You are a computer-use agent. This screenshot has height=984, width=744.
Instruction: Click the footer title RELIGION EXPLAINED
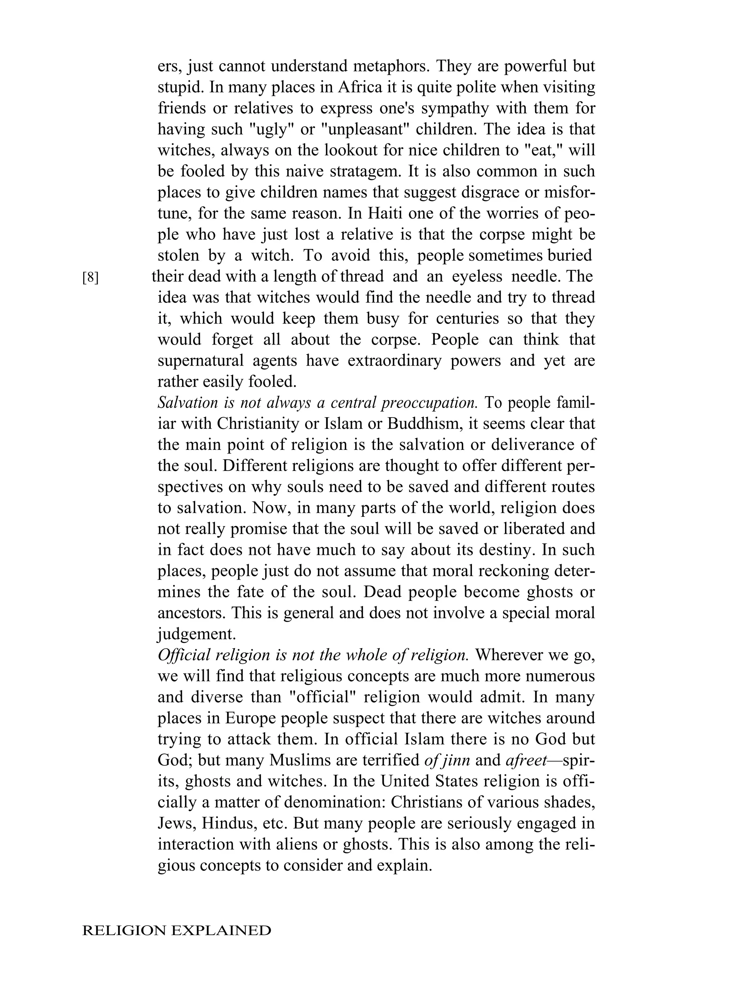pyautogui.click(x=177, y=931)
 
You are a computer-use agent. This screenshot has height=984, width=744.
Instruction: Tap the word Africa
pyautogui.click(x=360, y=87)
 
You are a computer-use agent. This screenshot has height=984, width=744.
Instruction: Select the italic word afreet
pyautogui.click(x=526, y=760)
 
